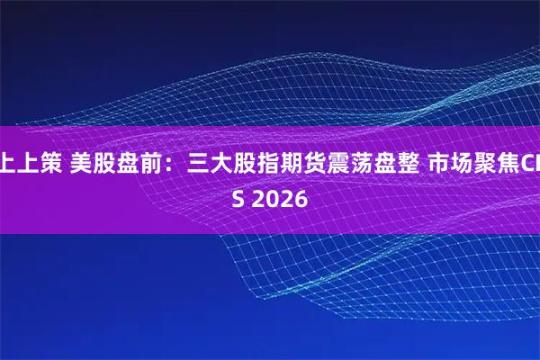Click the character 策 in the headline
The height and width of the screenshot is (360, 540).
pyautogui.click(x=51, y=164)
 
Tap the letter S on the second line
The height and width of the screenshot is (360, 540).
pyautogui.click(x=238, y=197)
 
